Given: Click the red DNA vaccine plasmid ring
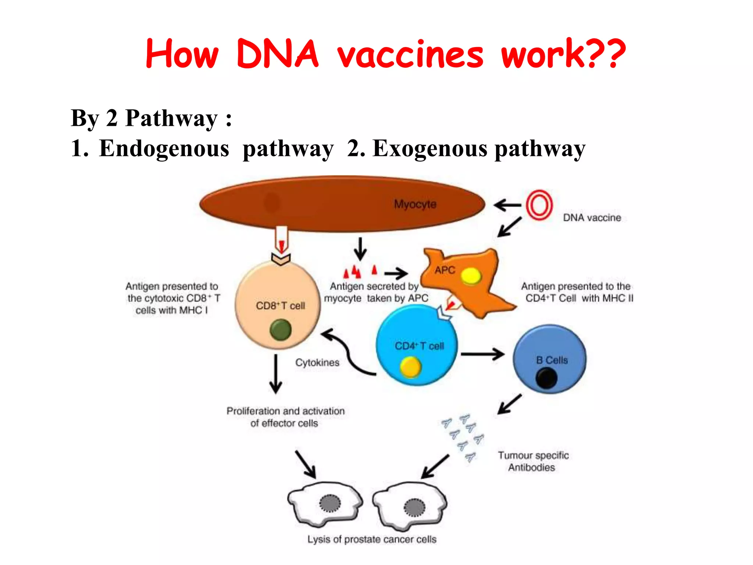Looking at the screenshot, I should tap(539, 205).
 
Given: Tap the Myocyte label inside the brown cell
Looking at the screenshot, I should tap(415, 204).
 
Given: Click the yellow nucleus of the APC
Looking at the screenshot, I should tap(471, 276).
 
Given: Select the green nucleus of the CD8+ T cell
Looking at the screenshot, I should tap(281, 330).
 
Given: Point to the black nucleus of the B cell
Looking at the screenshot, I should tap(546, 379).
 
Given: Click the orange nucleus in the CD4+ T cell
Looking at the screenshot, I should tap(410, 367).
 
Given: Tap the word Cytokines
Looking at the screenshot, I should tap(317, 363).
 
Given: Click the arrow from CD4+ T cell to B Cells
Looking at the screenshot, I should tap(482, 354).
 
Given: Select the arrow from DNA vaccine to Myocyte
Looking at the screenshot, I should tap(507, 205).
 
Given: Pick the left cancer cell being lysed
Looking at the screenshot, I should tap(325, 504).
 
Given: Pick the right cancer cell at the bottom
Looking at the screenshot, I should tap(410, 506).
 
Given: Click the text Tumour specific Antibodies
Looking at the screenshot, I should tap(533, 461).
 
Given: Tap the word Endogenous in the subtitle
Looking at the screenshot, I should tap(164, 149).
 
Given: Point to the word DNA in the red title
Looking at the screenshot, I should tap(278, 54).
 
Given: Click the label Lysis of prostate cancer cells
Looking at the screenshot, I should tap(372, 539).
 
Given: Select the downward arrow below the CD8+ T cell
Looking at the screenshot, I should tap(276, 373).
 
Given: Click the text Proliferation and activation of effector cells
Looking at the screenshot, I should tap(285, 417).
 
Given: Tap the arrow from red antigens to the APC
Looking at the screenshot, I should tap(396, 273).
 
